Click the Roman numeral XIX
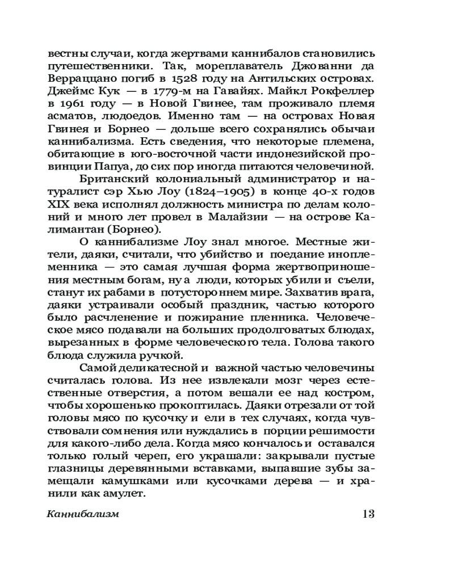(x=60, y=204)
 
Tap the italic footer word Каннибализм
(x=83, y=514)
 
